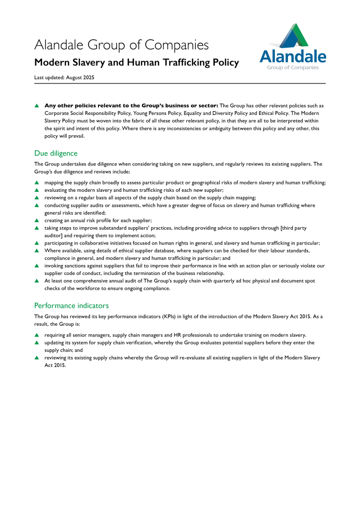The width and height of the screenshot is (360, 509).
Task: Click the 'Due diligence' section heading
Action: pyautogui.click(x=56, y=153)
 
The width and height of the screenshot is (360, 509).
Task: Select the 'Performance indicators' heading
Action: pyautogui.click(x=71, y=305)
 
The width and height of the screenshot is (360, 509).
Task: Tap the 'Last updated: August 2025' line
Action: pyautogui.click(x=64, y=78)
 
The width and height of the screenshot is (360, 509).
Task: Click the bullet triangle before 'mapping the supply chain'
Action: pyautogui.click(x=36, y=183)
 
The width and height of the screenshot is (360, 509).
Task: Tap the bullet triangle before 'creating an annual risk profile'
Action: pyautogui.click(x=36, y=220)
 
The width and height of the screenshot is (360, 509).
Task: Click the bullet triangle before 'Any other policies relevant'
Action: pyautogui.click(x=36, y=105)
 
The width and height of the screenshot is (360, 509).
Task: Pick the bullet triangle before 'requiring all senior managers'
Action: pyautogui.click(x=36, y=335)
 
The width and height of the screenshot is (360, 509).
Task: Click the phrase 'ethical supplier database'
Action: pyautogui.click(x=132, y=251)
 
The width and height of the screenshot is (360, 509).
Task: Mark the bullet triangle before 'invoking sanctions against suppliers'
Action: pyautogui.click(x=36, y=266)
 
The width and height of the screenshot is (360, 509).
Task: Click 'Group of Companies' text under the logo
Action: pyautogui.click(x=293, y=68)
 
